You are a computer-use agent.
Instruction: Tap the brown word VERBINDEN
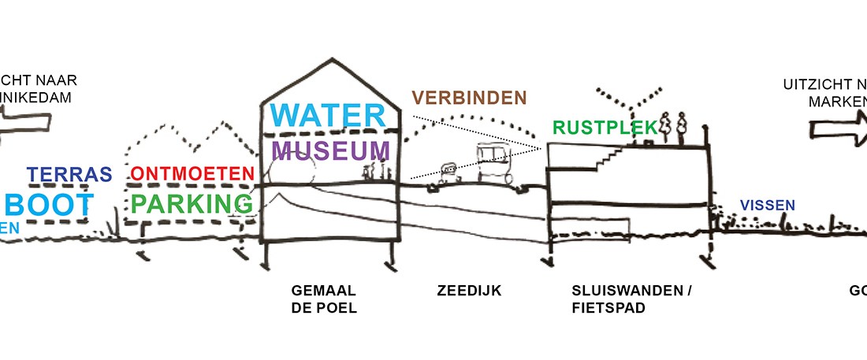(468, 98)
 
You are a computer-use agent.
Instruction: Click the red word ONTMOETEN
(193, 173)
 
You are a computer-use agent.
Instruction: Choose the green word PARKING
(193, 204)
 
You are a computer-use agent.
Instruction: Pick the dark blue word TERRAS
(69, 174)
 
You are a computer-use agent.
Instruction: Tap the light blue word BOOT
(49, 205)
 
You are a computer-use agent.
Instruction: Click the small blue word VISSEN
(766, 206)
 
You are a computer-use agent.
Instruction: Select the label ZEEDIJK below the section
(469, 291)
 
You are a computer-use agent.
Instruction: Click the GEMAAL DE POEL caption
(324, 299)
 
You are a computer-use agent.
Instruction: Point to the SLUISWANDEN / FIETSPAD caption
(631, 299)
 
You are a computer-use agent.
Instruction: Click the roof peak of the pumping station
(326, 61)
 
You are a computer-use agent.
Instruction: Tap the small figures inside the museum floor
(374, 173)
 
